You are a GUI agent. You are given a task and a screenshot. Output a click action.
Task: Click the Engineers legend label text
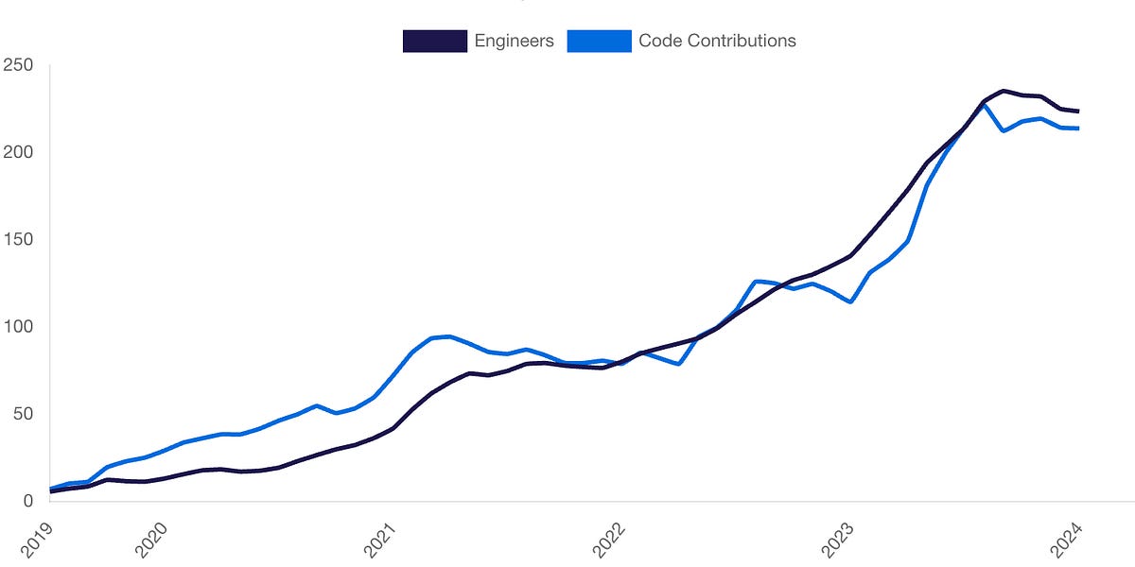[514, 41]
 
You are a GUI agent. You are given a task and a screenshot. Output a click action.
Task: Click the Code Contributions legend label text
[717, 41]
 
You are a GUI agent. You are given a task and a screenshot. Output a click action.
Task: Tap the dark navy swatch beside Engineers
[435, 41]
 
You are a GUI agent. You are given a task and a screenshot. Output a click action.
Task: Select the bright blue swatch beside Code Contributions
[599, 41]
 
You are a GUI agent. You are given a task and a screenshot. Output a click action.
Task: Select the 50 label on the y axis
[21, 414]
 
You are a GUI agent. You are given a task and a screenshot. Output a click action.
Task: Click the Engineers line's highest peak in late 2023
[1003, 91]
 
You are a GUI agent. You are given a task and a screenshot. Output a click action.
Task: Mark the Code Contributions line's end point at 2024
[1078, 129]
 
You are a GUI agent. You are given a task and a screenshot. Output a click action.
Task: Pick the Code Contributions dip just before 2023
[852, 301]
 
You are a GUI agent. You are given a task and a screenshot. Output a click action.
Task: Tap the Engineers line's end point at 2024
[1078, 112]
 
